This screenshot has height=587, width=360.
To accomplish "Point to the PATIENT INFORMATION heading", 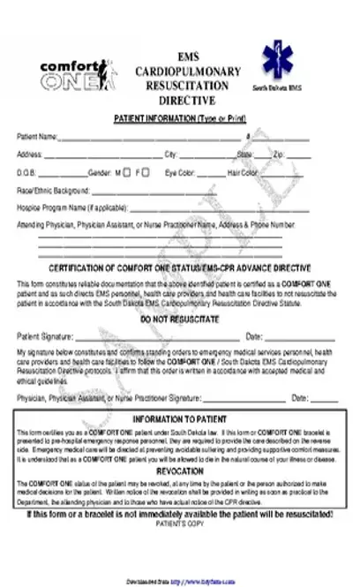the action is (180, 119).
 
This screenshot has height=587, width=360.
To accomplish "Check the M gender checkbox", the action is (128, 172).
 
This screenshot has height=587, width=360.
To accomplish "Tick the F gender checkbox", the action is (146, 172).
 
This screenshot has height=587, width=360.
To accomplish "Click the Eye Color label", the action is (180, 172).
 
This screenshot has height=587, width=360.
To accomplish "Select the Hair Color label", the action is (242, 172).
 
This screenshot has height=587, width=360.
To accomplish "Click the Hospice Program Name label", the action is (71, 207).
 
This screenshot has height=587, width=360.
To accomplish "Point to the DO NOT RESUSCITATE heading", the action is (179, 319).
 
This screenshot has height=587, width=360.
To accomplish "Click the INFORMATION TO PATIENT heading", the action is (180, 418).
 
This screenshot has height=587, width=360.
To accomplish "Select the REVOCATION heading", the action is (180, 472).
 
